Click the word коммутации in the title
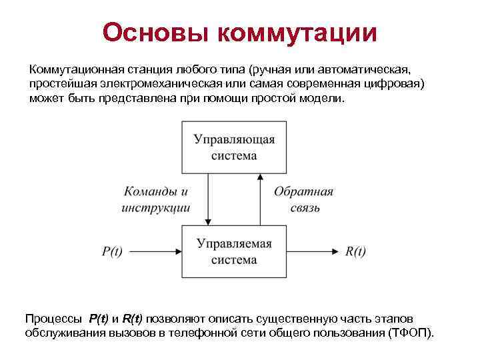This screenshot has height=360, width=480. [x=294, y=32]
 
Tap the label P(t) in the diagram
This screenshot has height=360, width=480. [x=112, y=251]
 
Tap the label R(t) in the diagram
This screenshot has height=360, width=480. [x=355, y=251]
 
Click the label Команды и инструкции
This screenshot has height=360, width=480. [x=156, y=199]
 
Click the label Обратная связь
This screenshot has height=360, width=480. [x=303, y=199]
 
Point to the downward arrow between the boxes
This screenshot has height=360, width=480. [x=207, y=199]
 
